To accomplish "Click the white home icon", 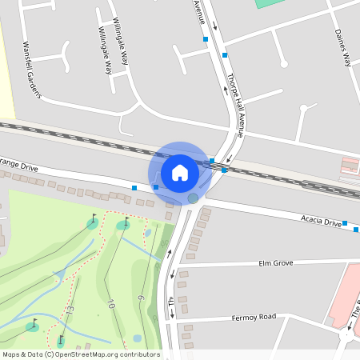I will click(180, 172).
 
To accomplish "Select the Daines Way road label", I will click(342, 47).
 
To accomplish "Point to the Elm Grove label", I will click(276, 262).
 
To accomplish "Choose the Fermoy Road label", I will click(255, 317).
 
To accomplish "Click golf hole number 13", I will click(70, 310).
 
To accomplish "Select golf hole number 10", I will click(110, 303).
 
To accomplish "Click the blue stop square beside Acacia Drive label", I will click(345, 223).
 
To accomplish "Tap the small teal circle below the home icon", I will click(193, 198).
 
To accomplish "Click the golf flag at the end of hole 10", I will click(124, 224).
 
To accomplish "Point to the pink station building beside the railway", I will click(350, 166).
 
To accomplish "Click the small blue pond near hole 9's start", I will click(147, 234).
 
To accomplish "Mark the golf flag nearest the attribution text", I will click(60, 342).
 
